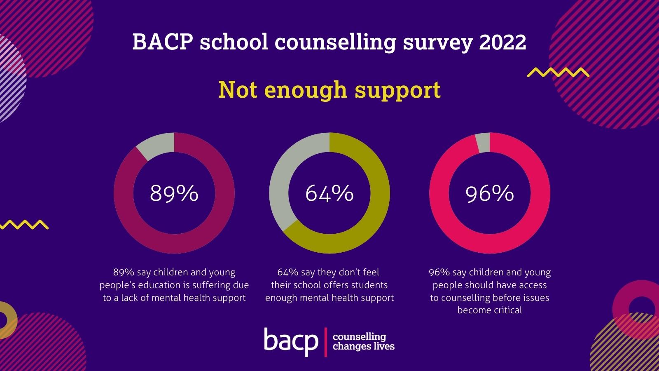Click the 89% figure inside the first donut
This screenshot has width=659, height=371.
coord(174,193)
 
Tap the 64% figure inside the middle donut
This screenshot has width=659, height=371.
coord(329,193)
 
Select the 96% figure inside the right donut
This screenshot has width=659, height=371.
coord(489,193)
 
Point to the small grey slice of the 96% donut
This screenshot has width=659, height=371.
coord(483,143)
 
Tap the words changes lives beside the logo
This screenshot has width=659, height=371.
coord(363,346)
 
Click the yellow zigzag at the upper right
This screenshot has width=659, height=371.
coord(558,73)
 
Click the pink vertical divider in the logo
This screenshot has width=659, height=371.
coord(326,342)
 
